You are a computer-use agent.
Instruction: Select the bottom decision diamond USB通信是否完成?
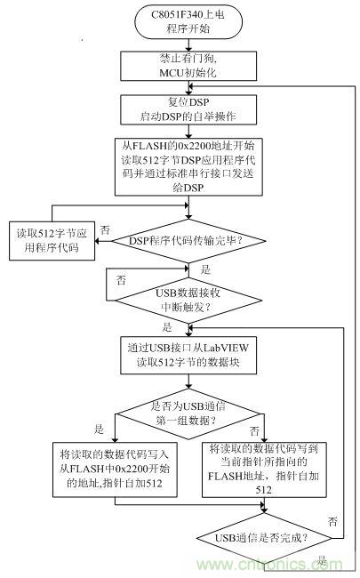265,536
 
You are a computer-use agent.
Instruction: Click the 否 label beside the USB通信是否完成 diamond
332,518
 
